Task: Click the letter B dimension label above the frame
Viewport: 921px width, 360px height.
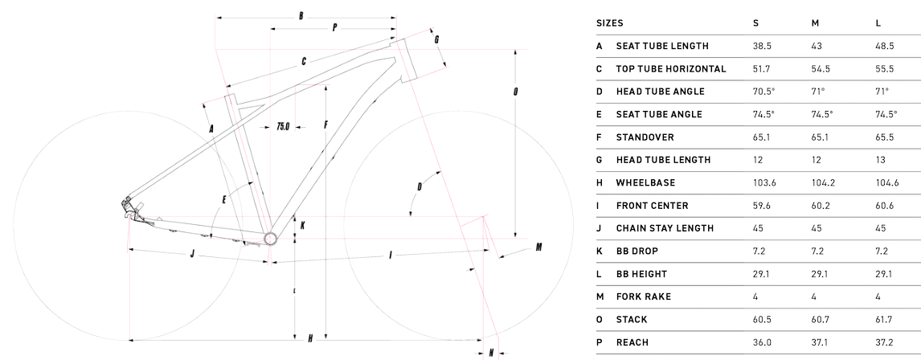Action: [x=301, y=16]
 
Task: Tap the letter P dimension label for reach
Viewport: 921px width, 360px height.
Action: [x=335, y=27]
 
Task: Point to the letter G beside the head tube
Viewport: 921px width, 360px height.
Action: [x=437, y=39]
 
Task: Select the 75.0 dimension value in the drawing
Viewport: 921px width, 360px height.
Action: [x=283, y=126]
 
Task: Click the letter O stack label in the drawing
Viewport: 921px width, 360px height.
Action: [x=516, y=92]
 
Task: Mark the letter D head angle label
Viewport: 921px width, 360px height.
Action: [x=420, y=187]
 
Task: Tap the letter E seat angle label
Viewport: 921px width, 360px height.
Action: [x=224, y=199]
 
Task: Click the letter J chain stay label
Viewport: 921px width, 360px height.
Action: [x=192, y=254]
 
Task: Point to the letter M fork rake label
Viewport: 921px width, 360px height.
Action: [x=538, y=247]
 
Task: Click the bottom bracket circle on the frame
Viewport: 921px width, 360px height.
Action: [x=270, y=239]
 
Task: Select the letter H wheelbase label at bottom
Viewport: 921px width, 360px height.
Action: [x=310, y=339]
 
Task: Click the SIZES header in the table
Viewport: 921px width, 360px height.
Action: [x=610, y=23]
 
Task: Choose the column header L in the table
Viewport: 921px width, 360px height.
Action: [x=878, y=23]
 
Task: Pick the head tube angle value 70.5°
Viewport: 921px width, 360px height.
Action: [x=764, y=92]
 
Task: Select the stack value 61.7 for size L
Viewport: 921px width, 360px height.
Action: [x=883, y=320]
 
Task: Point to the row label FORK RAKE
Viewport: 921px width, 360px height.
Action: [x=644, y=297]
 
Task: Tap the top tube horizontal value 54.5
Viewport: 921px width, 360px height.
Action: [x=821, y=69]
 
